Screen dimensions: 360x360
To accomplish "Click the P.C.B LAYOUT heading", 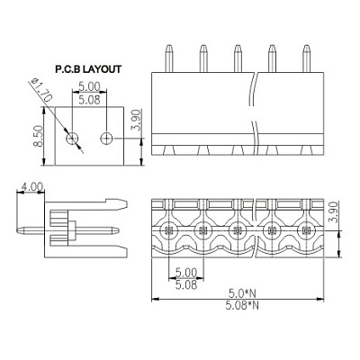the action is click(88, 69).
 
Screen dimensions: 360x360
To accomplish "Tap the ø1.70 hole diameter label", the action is click(42, 90).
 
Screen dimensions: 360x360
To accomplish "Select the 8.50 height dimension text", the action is click(38, 136).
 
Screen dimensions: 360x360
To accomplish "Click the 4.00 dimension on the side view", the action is click(31, 187).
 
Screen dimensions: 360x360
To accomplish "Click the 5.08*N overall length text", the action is click(242, 305).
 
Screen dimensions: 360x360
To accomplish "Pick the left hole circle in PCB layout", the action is click(72, 139).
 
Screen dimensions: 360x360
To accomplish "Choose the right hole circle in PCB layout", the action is click(106, 139).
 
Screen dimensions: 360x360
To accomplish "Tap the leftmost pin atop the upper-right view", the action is click(169, 58).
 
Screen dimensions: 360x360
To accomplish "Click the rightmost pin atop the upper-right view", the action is click(306, 58).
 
